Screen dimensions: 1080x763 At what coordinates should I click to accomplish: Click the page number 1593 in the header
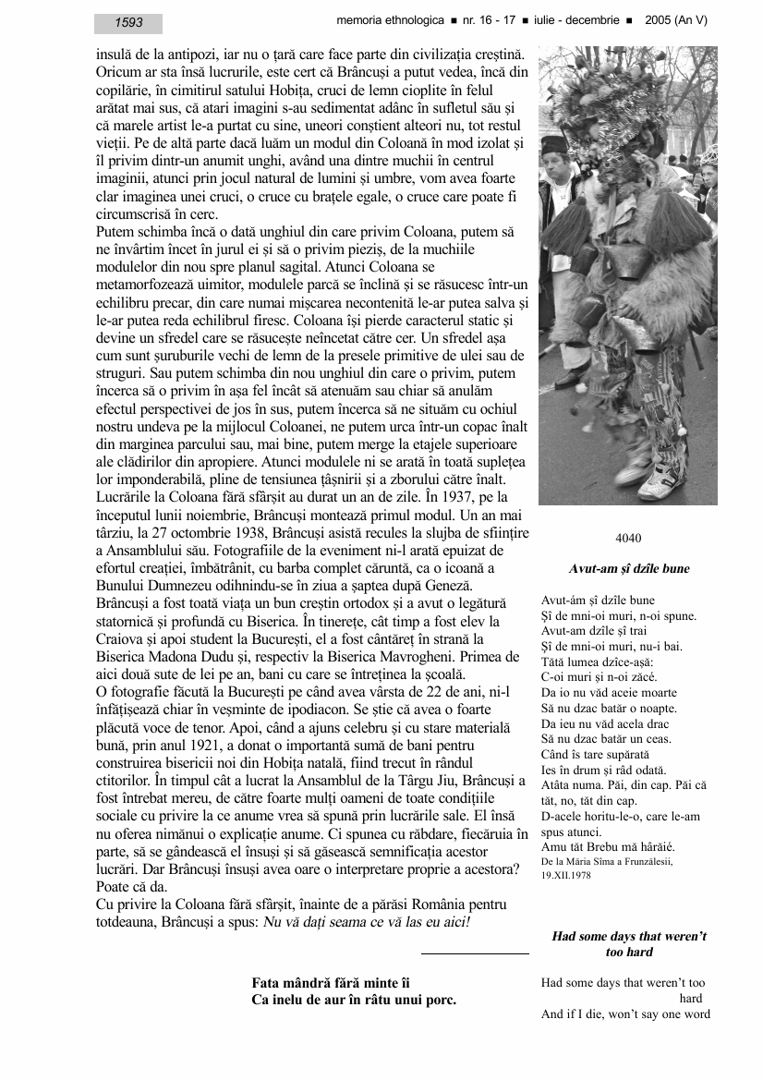point(128,23)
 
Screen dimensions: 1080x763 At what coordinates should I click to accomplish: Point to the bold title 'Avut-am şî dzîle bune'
point(628,569)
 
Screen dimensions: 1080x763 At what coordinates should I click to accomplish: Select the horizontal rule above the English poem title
point(475,953)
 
